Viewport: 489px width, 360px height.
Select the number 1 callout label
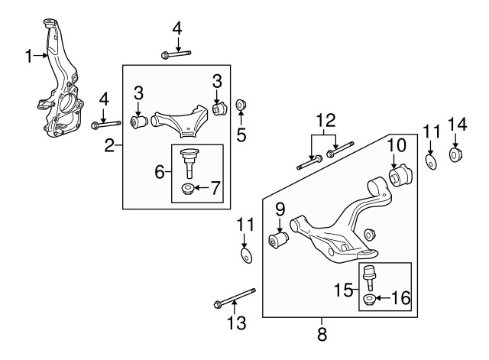pos(28,55)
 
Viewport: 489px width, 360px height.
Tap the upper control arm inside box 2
pos(180,120)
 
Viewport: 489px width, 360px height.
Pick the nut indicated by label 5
pos(240,105)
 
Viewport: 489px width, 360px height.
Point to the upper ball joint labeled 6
pos(189,161)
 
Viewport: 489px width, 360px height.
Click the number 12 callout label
pos(325,120)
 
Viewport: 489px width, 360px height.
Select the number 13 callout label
pos(238,324)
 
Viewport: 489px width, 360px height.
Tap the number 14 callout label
pos(456,124)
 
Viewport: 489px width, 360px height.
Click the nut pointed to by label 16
pos(369,300)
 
